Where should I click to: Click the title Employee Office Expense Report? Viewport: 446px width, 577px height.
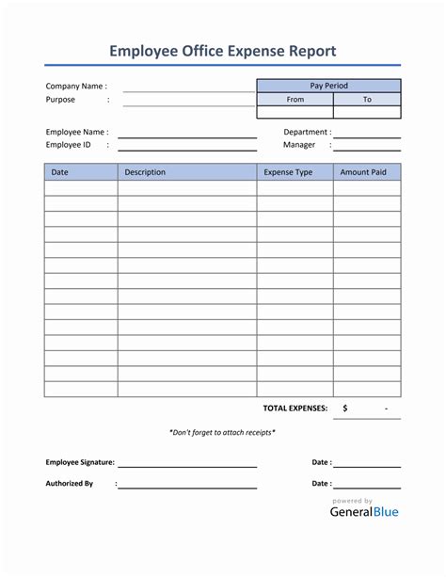pos(222,51)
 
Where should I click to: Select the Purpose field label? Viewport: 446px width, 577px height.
pos(60,99)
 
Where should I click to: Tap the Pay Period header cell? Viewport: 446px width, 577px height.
pos(328,86)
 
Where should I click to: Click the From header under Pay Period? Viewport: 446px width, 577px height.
pos(295,99)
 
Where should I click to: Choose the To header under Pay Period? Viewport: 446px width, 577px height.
pos(367,99)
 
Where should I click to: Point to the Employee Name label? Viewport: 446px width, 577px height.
pos(77,132)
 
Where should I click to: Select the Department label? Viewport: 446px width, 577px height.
pos(307,132)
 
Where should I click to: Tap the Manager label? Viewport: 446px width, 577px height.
pos(299,145)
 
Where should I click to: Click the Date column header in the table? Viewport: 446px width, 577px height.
pos(59,172)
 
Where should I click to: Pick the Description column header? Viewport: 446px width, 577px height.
pos(145,172)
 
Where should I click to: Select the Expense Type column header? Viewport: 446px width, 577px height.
pos(288,172)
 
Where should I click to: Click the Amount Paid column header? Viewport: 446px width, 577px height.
pos(362,172)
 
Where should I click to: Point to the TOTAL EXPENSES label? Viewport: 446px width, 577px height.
pos(295,408)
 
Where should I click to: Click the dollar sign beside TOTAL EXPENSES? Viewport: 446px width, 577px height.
pos(345,408)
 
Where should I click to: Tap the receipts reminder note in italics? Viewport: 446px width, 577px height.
pos(222,432)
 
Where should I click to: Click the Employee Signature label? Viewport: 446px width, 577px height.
pos(80,462)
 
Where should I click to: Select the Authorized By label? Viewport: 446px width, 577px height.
pos(70,483)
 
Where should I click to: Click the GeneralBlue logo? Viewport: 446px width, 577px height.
pos(364,511)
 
